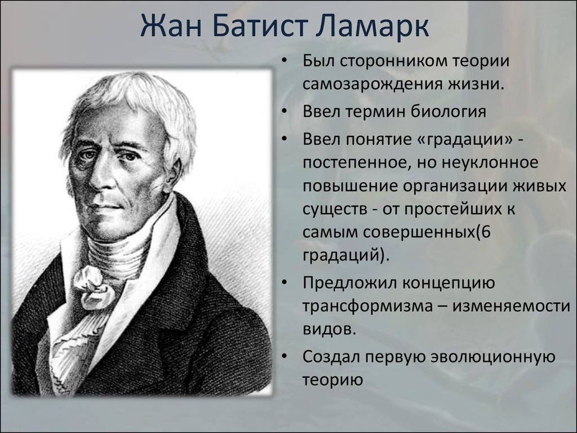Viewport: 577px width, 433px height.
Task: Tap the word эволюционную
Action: (x=489, y=356)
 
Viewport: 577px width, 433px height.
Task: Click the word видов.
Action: (x=329, y=329)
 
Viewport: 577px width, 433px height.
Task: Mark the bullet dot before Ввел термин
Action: (x=287, y=112)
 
